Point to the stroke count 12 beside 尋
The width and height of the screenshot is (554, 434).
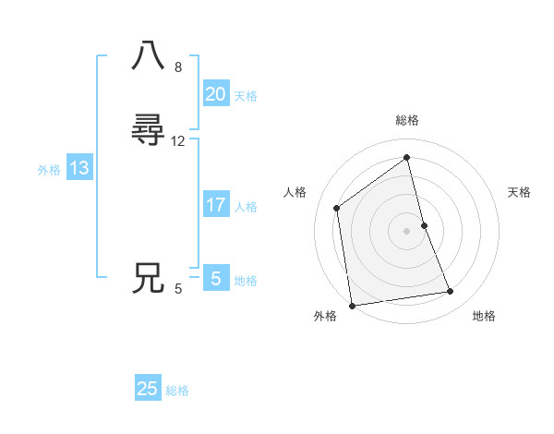178,141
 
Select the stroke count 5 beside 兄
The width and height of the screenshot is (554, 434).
178,289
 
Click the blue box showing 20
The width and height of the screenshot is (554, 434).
216,94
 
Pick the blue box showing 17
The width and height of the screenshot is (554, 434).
216,205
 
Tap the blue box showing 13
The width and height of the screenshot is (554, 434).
79,168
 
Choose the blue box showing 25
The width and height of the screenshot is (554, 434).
148,389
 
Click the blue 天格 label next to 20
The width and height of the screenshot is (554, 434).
246,96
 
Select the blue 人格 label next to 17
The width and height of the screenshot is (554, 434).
246,207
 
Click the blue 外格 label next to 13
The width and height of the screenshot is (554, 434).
49,170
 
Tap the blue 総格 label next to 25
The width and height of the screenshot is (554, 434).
177,391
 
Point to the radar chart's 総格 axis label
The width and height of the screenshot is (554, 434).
407,120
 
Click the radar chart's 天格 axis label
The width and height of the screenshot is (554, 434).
520,192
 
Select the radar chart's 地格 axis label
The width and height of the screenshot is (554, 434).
484,316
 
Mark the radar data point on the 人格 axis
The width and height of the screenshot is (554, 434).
337,208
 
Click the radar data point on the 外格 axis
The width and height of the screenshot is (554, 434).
352,306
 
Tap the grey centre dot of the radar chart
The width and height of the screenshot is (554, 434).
407,231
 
